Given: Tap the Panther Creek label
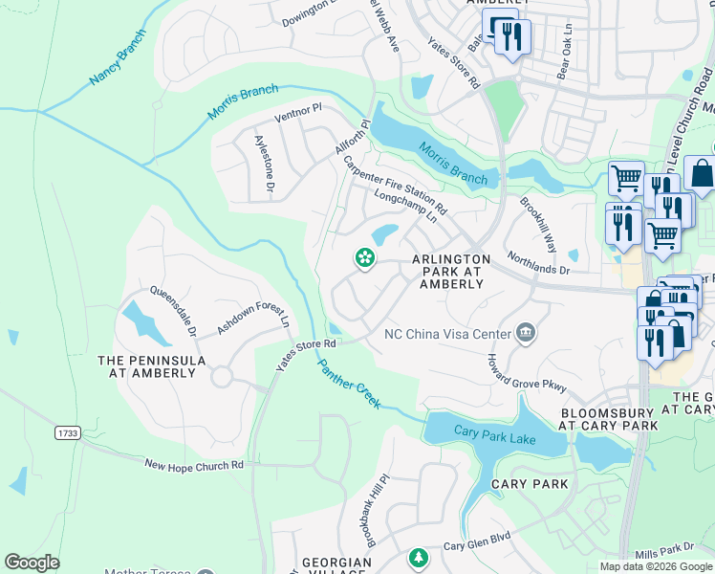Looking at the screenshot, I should pos(349,384).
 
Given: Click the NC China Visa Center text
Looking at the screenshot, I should pos(446,334).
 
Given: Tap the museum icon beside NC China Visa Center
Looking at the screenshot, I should pos(524,333).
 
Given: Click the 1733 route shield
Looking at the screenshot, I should pos(67,433).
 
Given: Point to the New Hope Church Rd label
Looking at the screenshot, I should pos(195,464).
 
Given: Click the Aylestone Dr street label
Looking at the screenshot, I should pos(264,165).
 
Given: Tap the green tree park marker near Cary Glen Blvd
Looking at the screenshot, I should pos(417,557).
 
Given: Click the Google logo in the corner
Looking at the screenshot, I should pos(32,563).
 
